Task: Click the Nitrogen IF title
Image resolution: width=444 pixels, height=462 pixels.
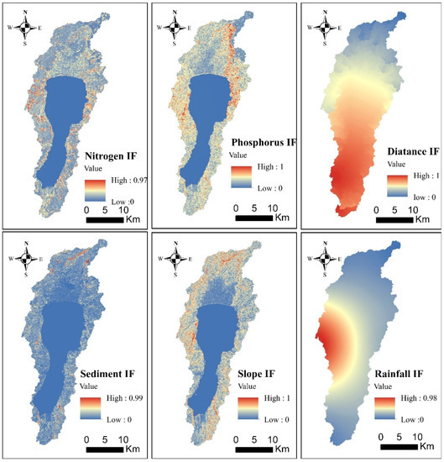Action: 113,155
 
